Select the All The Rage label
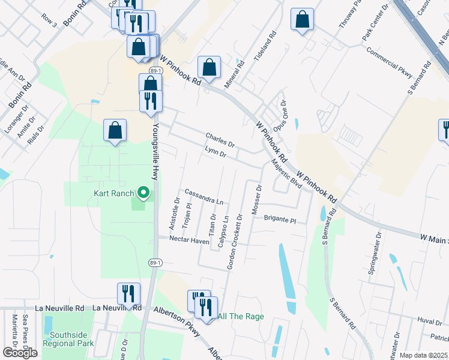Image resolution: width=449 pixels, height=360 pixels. (241, 316)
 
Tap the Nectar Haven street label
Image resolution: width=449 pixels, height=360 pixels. (189, 241)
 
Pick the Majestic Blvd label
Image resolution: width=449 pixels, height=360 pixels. (286, 174)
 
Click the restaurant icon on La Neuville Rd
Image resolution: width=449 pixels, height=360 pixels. (128, 294)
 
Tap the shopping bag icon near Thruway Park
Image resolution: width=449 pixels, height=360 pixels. (302, 19)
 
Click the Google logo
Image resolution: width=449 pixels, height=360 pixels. (20, 353)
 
